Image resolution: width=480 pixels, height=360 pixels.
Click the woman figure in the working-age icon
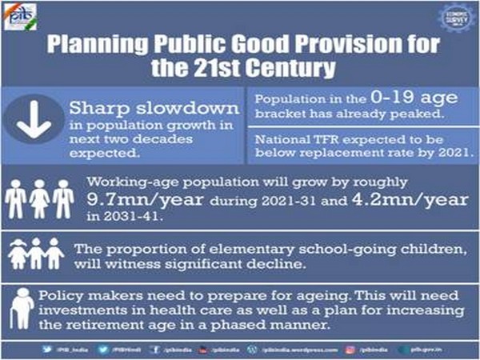click(x=38, y=198)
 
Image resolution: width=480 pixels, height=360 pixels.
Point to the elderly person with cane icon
click(x=24, y=306)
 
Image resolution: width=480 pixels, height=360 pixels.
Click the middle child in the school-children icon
click(x=37, y=254)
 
